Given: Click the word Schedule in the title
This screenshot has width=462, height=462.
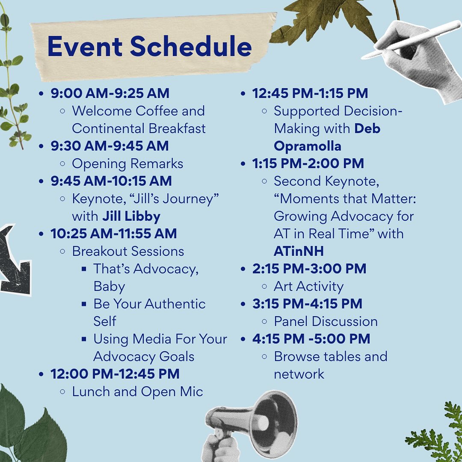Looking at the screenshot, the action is click(191, 46).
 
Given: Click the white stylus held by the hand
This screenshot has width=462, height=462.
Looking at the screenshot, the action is click(412, 40).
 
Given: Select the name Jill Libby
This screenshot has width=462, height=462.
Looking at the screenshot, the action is click(131, 216).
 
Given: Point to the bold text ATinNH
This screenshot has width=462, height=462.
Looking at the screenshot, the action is click(299, 252).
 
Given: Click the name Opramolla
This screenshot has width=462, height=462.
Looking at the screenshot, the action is click(307, 146).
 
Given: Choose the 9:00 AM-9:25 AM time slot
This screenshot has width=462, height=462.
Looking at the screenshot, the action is click(110, 93).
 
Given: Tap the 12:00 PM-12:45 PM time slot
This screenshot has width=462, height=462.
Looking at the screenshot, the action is click(115, 374).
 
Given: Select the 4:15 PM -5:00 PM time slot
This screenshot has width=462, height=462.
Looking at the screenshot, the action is click(311, 339).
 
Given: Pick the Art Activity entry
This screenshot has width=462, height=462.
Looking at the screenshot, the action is click(308, 287).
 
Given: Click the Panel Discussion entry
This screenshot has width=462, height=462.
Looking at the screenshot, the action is click(326, 321).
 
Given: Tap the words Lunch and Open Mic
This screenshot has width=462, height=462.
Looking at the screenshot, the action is click(138, 392).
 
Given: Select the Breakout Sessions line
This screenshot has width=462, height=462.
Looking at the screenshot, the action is click(128, 252).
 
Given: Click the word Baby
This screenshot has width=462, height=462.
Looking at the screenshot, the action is click(109, 287).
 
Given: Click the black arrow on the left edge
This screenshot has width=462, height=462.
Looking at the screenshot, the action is click(13, 261).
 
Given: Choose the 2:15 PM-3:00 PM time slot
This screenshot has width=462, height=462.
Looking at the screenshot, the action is click(309, 269).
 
